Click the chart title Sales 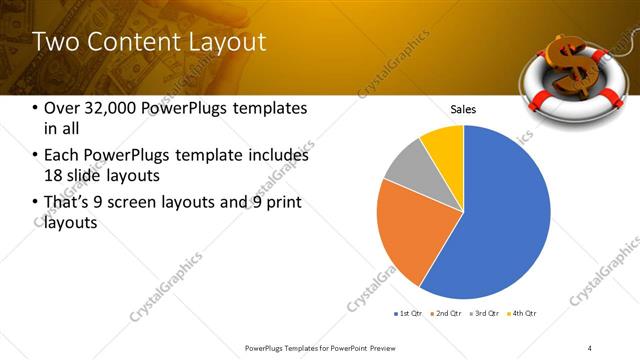[463, 109]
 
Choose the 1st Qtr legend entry [409, 314]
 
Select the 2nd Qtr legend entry [444, 314]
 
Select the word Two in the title [52, 42]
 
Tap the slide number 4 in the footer [590, 347]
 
